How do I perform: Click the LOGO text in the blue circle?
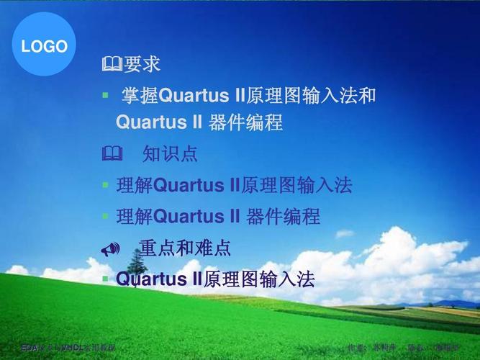coord(44,48)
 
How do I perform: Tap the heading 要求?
coord(142,65)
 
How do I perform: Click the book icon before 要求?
coord(112,66)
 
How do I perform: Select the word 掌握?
coord(138,95)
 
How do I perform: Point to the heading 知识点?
coord(170,154)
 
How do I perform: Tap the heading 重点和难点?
coord(185,248)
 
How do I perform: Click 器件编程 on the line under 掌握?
coord(245,123)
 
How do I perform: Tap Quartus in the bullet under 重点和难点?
coord(148,279)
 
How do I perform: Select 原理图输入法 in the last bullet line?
coord(260,279)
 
